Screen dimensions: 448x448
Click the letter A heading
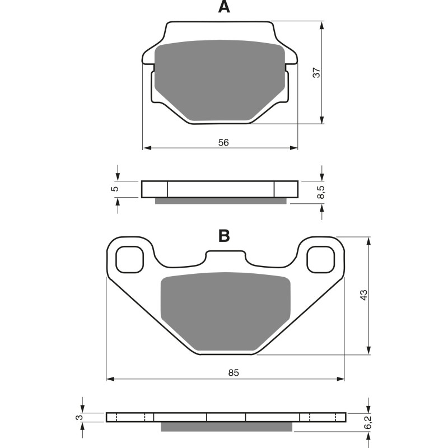point(224,7)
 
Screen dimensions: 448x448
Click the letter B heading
point(224,236)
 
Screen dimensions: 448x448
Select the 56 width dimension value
point(223,142)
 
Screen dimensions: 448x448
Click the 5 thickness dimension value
point(114,189)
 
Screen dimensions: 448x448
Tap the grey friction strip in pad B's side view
point(226,427)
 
